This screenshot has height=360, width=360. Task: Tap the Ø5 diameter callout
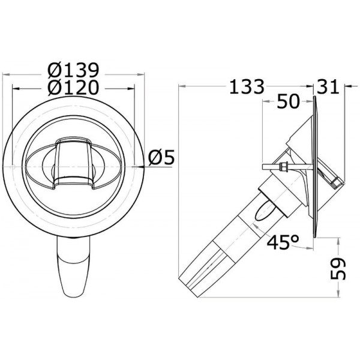[161, 158]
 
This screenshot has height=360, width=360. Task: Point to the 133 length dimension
[245, 87]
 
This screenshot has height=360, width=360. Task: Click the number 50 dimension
[287, 103]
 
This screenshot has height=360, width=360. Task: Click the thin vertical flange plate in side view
[314, 162]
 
